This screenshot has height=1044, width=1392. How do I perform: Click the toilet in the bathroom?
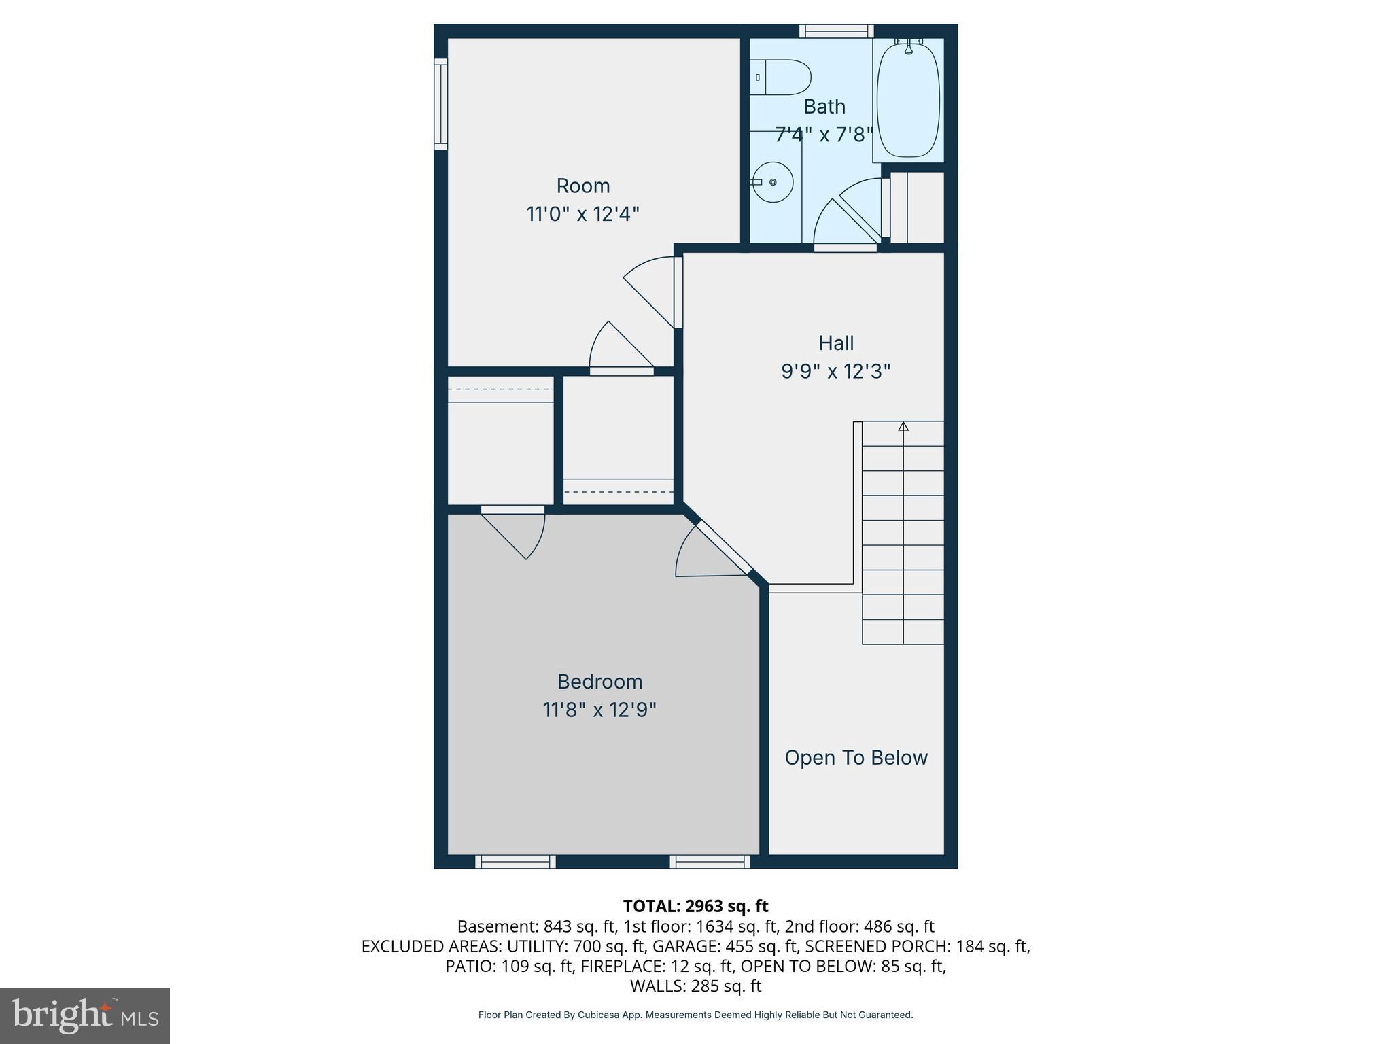coord(782,77)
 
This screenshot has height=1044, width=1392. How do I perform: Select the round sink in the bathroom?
coord(773,182)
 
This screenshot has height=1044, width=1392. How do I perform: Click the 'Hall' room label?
coord(836,343)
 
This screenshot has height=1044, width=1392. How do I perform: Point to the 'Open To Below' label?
coord(856,758)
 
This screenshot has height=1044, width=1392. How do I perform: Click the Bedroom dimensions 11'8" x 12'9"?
coord(599,710)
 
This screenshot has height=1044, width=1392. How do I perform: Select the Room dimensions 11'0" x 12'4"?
coord(582,214)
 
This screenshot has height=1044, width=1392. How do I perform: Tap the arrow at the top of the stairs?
coord(903,427)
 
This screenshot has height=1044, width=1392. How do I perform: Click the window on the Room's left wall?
coord(441,104)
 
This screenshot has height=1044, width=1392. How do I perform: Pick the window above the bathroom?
coord(837,31)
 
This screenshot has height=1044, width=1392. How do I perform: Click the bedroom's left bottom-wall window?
coord(515,862)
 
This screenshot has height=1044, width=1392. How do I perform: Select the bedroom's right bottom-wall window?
coord(710,862)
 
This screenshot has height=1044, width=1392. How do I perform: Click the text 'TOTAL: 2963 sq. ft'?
coord(695,906)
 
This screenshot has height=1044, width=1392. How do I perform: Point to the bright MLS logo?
coord(85,1015)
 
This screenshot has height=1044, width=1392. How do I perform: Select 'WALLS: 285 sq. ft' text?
coord(695,986)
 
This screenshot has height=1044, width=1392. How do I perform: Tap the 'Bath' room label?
coord(824,107)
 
